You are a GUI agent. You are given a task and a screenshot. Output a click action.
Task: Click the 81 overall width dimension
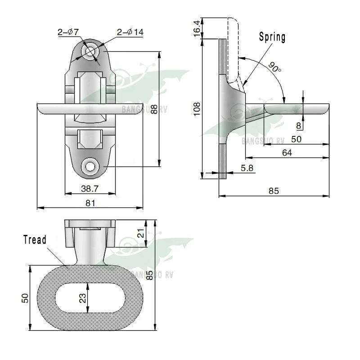click(90, 203)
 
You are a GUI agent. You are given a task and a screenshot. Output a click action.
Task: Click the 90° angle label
click(274, 67)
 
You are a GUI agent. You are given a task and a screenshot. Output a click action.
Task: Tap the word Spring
click(272, 37)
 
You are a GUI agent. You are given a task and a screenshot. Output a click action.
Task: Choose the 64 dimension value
click(287, 153)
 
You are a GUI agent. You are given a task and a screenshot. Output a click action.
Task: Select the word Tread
click(35, 240)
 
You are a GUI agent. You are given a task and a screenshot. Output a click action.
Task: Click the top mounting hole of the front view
click(91, 52)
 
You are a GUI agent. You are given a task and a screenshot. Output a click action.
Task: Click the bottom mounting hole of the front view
click(91, 166)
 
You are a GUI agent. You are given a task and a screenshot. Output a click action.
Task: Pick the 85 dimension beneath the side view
click(274, 191)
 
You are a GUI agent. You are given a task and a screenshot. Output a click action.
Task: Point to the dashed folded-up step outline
click(233, 49)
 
